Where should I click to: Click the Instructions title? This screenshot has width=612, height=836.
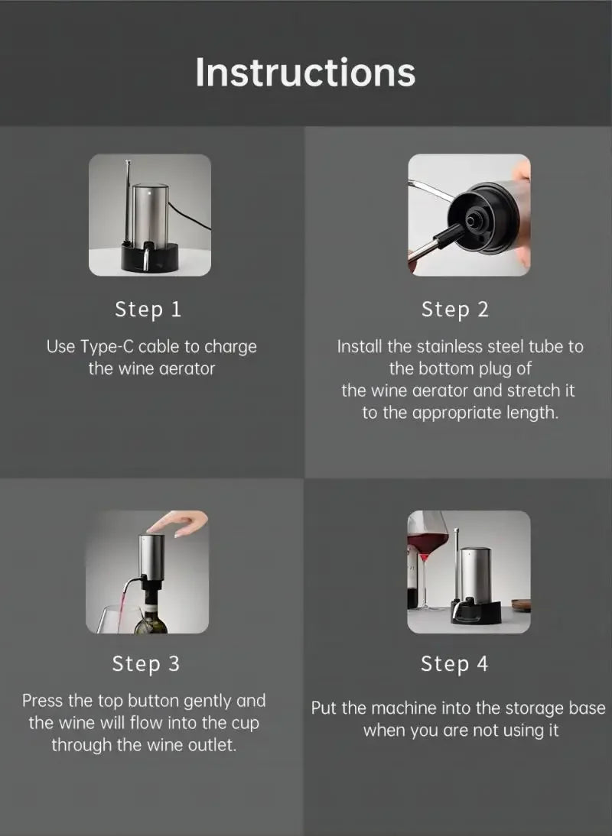click(305, 72)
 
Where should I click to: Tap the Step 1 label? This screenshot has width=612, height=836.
click(148, 309)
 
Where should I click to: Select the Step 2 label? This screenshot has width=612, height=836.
click(454, 309)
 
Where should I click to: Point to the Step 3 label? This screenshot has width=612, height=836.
click(146, 664)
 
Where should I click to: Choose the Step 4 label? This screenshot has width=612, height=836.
click(454, 664)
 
